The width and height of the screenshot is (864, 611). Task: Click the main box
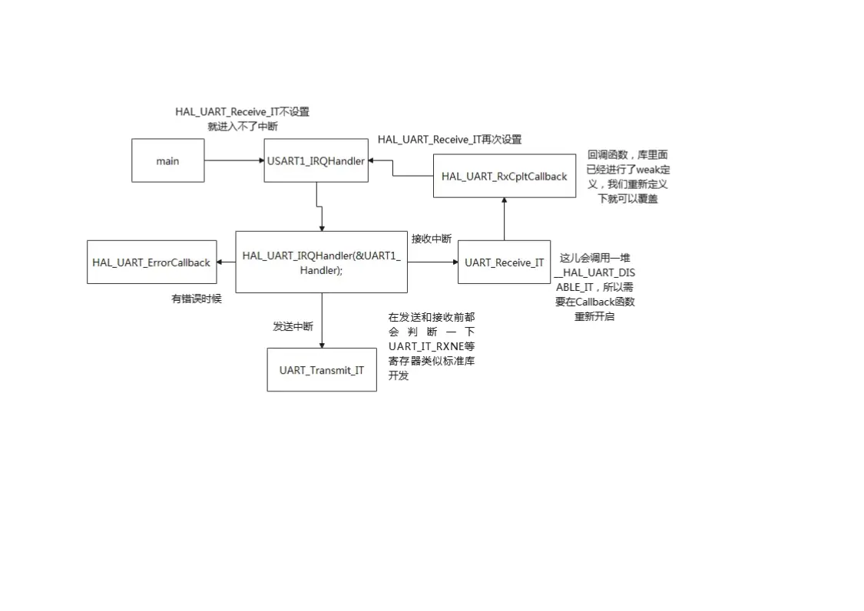[x=167, y=160]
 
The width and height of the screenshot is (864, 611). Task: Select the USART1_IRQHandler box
[x=316, y=160]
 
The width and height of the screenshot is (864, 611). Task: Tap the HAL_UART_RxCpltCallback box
[x=504, y=176]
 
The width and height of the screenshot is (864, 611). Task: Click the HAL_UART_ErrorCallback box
[x=151, y=262]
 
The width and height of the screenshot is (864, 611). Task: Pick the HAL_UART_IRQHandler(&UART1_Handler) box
[x=321, y=262]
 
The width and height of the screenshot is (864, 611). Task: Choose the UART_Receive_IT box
[x=504, y=262]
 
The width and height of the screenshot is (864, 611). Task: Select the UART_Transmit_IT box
[x=322, y=370]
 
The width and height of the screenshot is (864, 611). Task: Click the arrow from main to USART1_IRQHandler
[x=234, y=160]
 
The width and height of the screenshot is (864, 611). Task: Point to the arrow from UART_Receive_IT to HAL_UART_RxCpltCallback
[x=504, y=219]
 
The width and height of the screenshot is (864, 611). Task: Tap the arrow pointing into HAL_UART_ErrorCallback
[x=226, y=262]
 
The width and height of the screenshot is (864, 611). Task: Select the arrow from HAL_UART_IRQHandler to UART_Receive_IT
[x=432, y=262]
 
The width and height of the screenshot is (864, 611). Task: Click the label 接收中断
[x=432, y=239]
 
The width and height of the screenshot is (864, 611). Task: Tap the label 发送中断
[x=293, y=326]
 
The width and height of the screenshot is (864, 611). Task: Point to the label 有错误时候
[x=196, y=299]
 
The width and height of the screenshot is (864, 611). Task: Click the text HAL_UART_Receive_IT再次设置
[x=449, y=139]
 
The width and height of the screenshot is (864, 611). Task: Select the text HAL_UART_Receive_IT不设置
[x=242, y=111]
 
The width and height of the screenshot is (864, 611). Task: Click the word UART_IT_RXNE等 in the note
[x=432, y=346]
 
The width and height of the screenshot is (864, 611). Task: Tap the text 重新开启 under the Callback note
[x=594, y=316]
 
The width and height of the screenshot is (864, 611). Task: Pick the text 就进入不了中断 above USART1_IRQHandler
[x=243, y=126]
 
